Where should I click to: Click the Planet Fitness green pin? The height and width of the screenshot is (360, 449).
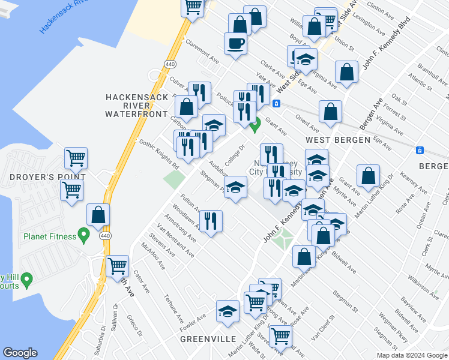(83, 235)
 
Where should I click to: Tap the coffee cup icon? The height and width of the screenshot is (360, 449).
(235, 43)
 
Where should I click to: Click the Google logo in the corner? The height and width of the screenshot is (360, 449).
(20, 352)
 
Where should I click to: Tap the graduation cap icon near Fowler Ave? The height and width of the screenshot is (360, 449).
(228, 311)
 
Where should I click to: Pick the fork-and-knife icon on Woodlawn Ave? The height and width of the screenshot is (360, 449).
(211, 221)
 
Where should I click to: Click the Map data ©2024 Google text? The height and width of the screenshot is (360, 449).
(412, 355)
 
